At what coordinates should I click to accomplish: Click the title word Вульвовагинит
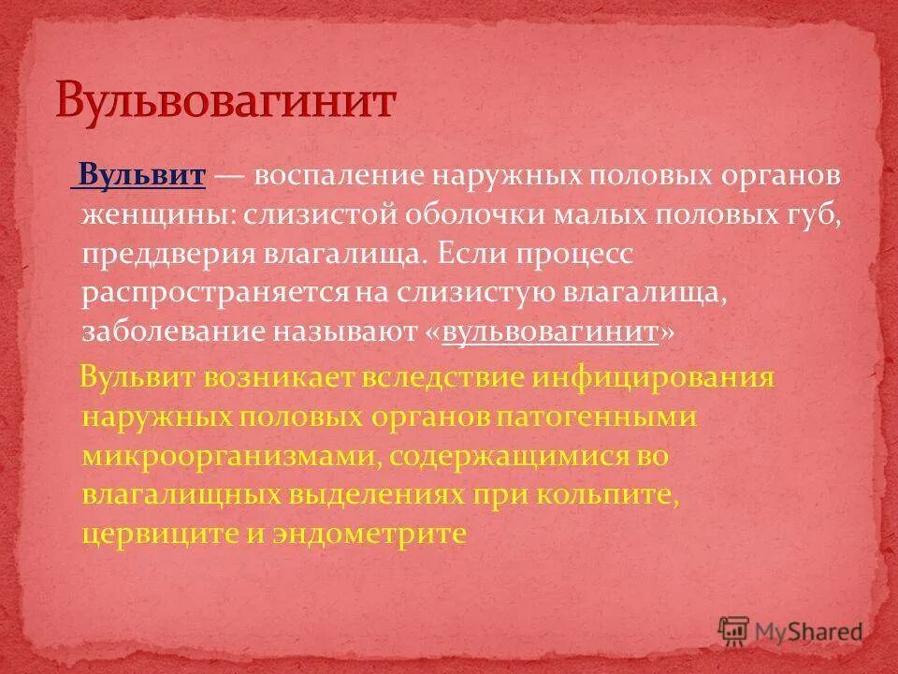pos(225,100)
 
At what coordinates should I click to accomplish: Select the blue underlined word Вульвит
pos(141,176)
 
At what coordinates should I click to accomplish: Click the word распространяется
pos(214,294)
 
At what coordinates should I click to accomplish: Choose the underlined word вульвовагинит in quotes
pos(551,333)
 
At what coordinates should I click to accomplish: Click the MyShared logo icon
pos(734,630)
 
